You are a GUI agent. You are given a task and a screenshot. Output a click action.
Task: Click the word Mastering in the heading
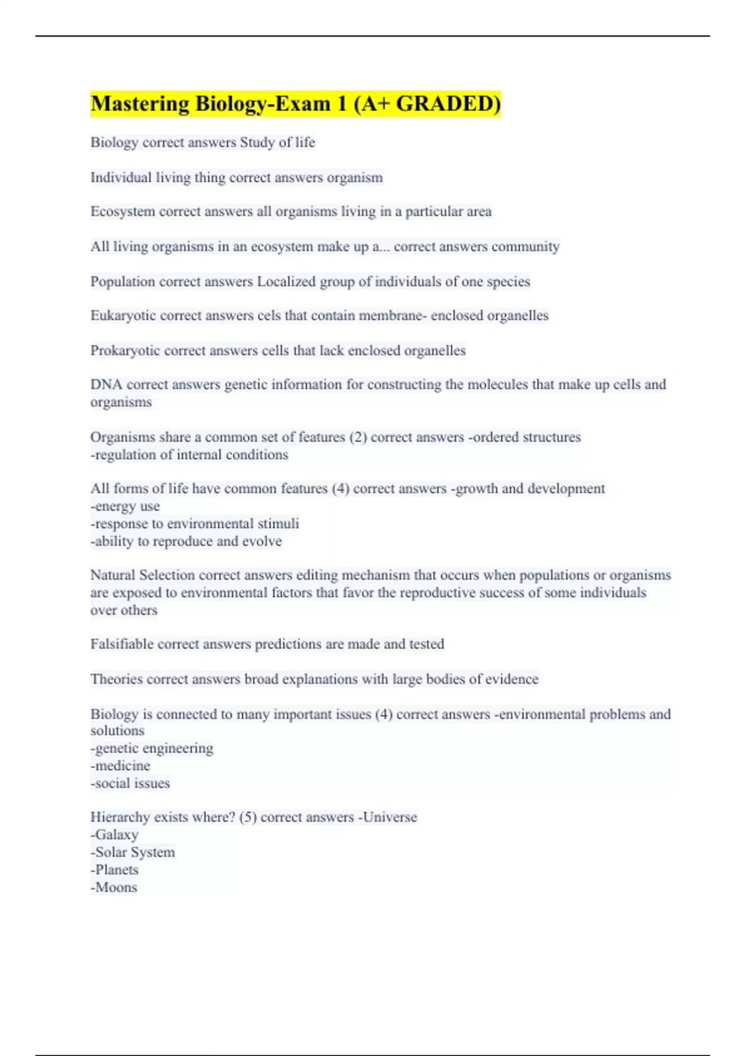point(140,104)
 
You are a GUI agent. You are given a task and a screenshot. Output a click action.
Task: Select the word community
point(525,247)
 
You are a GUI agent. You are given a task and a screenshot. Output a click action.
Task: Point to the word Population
point(122,281)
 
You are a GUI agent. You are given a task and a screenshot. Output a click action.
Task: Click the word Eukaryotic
point(123,316)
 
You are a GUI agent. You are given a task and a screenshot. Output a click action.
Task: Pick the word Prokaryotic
point(125,350)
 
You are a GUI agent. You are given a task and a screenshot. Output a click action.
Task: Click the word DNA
point(106,385)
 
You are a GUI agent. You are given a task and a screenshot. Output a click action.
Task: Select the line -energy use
point(125,506)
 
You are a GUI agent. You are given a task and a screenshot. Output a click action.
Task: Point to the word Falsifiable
point(122,644)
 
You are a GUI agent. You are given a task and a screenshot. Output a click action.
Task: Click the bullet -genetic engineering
point(152,748)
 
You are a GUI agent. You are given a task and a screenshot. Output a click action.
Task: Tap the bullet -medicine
point(121,765)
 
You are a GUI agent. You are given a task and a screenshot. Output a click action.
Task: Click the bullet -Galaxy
point(114,835)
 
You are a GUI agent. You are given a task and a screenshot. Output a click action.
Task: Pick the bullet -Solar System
point(132,852)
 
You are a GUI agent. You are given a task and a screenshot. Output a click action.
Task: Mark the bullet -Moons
point(114,887)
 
